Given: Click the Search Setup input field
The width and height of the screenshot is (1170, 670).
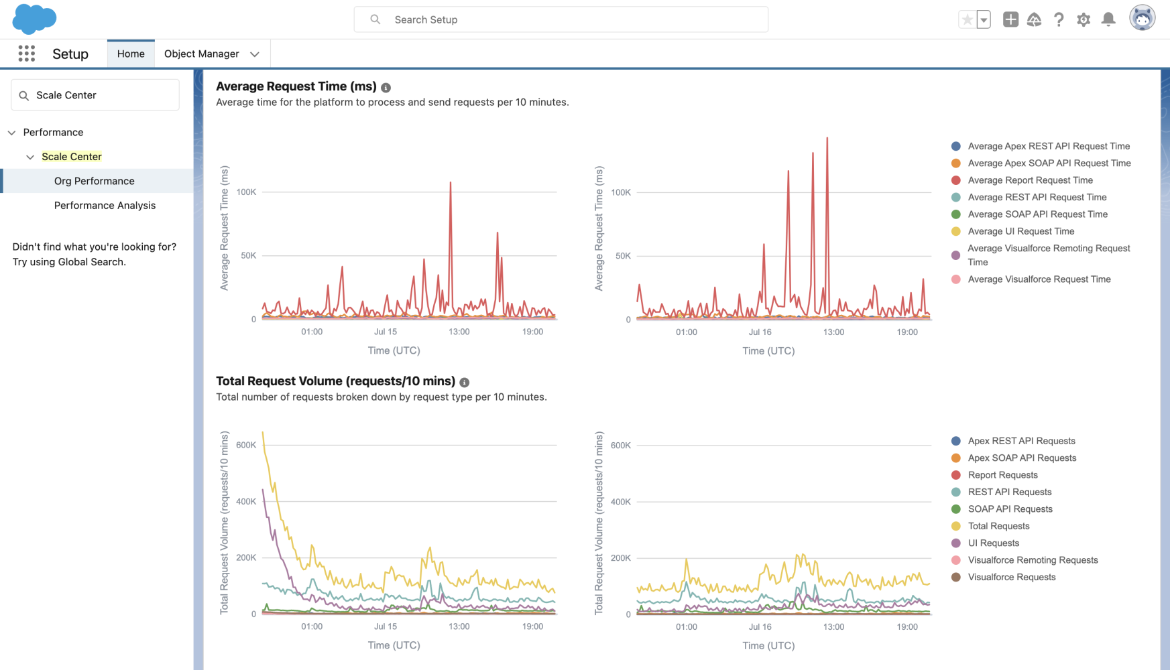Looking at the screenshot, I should [561, 19].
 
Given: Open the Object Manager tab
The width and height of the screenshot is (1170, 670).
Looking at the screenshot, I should [201, 54].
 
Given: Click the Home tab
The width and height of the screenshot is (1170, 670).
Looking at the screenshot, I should [131, 54].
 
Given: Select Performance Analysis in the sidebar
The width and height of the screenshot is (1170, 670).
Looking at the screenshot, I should [105, 205].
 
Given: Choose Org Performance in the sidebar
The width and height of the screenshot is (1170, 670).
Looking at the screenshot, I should [95, 181].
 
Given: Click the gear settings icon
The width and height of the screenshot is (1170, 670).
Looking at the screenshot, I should [1084, 19].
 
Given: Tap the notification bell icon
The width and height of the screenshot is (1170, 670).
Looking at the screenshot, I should [1108, 19].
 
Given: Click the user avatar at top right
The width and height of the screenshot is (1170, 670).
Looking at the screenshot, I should [1142, 18].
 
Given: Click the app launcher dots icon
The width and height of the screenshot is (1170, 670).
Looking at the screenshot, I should [26, 54].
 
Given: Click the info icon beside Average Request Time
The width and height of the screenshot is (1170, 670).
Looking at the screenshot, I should [386, 88].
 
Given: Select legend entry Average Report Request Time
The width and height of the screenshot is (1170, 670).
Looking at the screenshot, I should [1030, 180].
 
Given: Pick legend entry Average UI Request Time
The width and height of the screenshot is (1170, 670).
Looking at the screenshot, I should [1020, 231].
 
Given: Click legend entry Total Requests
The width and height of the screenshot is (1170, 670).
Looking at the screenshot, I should [998, 526].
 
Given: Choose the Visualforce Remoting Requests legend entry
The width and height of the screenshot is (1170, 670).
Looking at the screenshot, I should [1033, 560].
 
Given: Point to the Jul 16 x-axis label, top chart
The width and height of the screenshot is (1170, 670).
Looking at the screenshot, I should [760, 332].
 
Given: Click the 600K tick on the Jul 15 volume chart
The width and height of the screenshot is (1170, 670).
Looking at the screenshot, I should [246, 445].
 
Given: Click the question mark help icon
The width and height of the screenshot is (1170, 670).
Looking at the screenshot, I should [1059, 19].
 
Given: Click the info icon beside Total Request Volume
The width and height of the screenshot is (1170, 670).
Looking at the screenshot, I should [464, 383].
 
